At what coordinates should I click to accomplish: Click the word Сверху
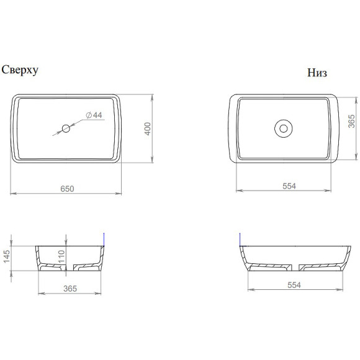(20, 70)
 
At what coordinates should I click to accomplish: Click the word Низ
(317, 73)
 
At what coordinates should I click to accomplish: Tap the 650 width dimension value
(67, 189)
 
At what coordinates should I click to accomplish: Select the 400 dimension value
(148, 129)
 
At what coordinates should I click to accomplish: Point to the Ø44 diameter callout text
(94, 115)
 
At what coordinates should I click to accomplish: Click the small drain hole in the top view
(66, 128)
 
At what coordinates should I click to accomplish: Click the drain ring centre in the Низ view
(284, 128)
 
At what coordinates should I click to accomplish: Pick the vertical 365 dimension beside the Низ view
(351, 121)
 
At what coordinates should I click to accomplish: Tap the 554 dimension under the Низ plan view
(289, 186)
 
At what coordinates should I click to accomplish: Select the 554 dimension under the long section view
(294, 285)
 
